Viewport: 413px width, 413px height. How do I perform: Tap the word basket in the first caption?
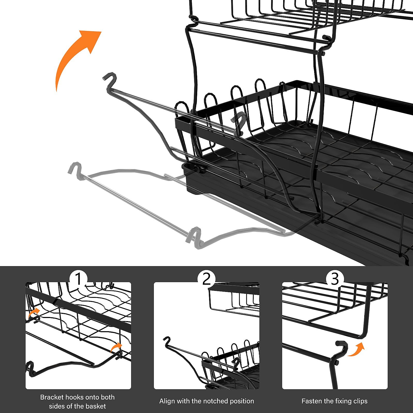pos(96,406)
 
